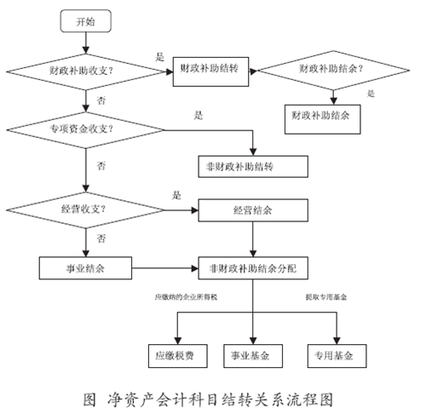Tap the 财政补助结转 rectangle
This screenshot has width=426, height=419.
click(211, 70)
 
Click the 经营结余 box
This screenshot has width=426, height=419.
click(250, 209)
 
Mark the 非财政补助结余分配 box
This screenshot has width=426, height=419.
click(250, 267)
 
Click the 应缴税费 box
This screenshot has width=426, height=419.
click(174, 353)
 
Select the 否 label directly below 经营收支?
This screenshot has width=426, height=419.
click(101, 237)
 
